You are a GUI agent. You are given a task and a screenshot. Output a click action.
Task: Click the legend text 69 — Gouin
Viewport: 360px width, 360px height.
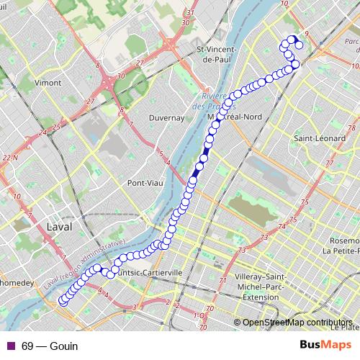click(x=50, y=346)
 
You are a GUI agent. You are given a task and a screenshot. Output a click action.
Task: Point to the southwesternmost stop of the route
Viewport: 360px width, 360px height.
click(x=63, y=302)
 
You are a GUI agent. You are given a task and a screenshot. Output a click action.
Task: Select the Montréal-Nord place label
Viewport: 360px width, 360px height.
click(x=238, y=117)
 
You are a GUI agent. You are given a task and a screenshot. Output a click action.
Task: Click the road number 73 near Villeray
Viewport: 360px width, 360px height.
click(x=264, y=237)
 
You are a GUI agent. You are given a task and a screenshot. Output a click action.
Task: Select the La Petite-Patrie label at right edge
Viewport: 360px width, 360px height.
click(x=341, y=251)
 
